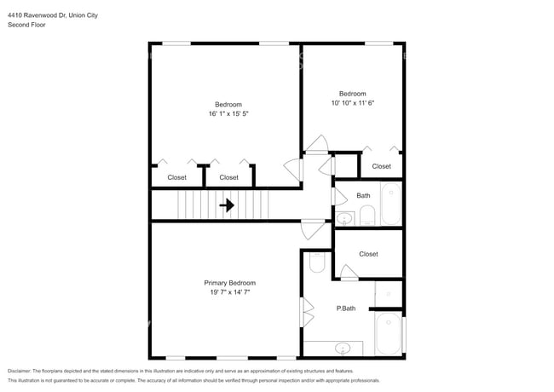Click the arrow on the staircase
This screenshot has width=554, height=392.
click(x=227, y=205)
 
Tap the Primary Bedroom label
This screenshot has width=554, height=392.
click(x=229, y=283)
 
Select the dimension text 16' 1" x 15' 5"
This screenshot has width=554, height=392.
click(x=228, y=113)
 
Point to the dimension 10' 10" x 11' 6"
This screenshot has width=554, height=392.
click(x=353, y=103)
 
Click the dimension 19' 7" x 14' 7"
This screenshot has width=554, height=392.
click(x=229, y=292)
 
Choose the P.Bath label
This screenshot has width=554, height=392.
click(x=346, y=308)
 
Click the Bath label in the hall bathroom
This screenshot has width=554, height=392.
click(x=363, y=196)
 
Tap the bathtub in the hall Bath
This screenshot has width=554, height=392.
click(x=391, y=204)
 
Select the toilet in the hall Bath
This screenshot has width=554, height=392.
click(x=367, y=216)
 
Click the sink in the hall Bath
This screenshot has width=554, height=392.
click(x=343, y=219)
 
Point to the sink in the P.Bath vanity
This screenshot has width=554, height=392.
click(x=343, y=349)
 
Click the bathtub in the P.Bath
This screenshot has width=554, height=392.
click(x=389, y=333)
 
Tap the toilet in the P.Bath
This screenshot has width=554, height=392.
click(x=316, y=262)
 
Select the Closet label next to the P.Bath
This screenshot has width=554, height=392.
click(x=368, y=254)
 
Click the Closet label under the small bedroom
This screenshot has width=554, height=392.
click(x=381, y=166)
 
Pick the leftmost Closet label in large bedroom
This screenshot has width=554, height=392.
click(x=176, y=177)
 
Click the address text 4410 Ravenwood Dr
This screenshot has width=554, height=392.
click(x=37, y=15)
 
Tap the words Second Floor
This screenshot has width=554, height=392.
click(x=26, y=25)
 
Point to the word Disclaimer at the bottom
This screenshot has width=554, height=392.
click(x=19, y=371)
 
